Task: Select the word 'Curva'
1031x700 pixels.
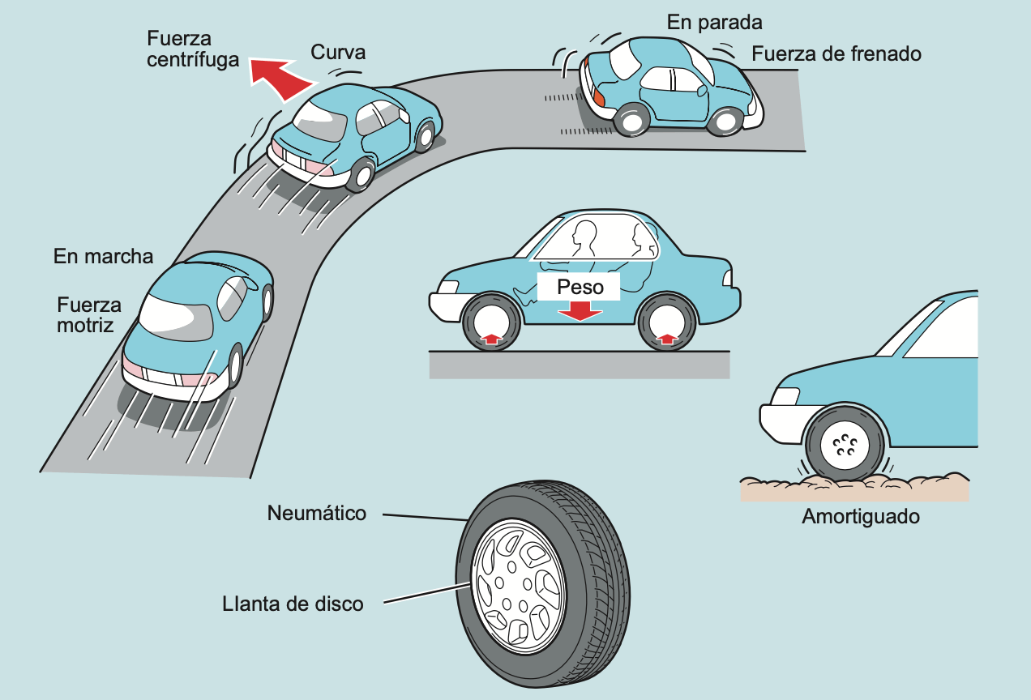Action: pyautogui.click(x=338, y=53)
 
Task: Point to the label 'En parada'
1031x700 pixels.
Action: pyautogui.click(x=715, y=22)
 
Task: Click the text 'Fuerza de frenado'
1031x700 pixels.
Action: pyautogui.click(x=836, y=54)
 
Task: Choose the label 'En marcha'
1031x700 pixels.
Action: pyautogui.click(x=103, y=257)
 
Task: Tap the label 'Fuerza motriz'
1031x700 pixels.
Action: pyautogui.click(x=89, y=314)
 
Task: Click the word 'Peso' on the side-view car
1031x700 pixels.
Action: pyautogui.click(x=580, y=287)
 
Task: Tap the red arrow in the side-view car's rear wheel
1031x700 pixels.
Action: pyautogui.click(x=667, y=339)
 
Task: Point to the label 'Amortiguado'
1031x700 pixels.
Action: pyautogui.click(x=861, y=516)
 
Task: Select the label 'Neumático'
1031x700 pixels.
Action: pyautogui.click(x=317, y=513)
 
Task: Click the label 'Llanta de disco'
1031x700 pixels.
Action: pyautogui.click(x=293, y=604)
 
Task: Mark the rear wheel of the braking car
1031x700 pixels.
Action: pyautogui.click(x=631, y=121)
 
